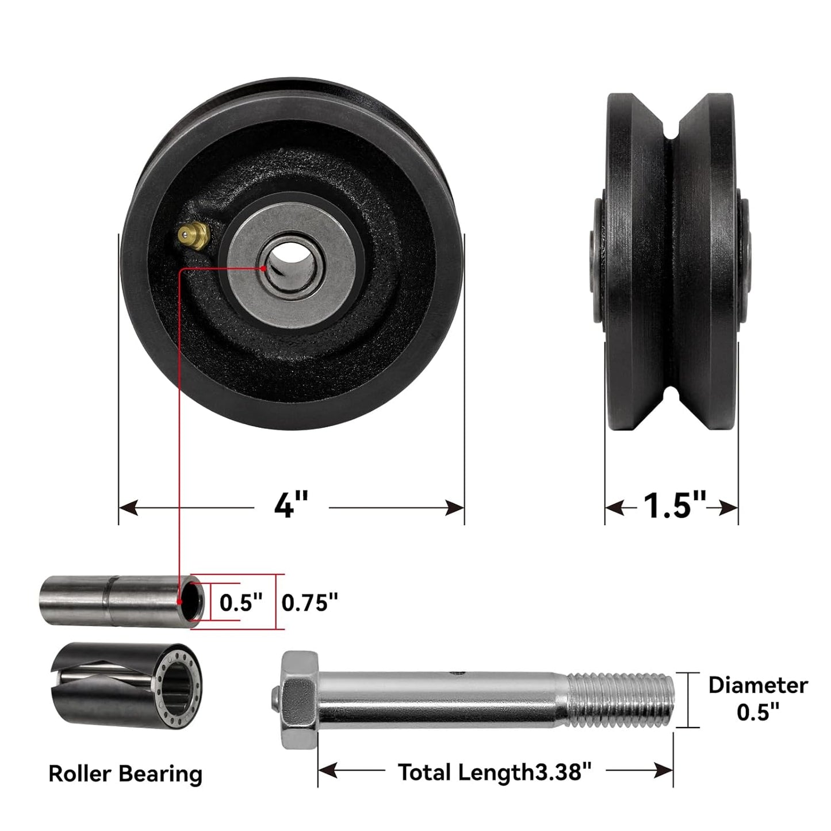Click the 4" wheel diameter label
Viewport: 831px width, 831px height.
click(x=291, y=506)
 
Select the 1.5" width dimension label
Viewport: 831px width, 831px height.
click(x=673, y=506)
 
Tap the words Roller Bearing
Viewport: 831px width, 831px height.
click(x=125, y=773)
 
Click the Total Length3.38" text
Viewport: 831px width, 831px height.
click(x=495, y=772)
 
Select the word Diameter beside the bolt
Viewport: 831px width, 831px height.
click(x=757, y=685)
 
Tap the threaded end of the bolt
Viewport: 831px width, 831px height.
click(x=621, y=699)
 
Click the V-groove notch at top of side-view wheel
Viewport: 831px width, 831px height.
click(x=671, y=124)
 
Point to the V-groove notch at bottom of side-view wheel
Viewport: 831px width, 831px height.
click(x=671, y=397)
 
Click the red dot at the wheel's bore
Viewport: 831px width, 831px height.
click(x=263, y=269)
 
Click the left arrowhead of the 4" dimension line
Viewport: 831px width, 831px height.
click(x=129, y=508)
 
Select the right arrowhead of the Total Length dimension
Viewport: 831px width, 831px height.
click(x=664, y=771)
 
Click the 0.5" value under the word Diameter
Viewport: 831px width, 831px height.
click(x=757, y=713)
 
